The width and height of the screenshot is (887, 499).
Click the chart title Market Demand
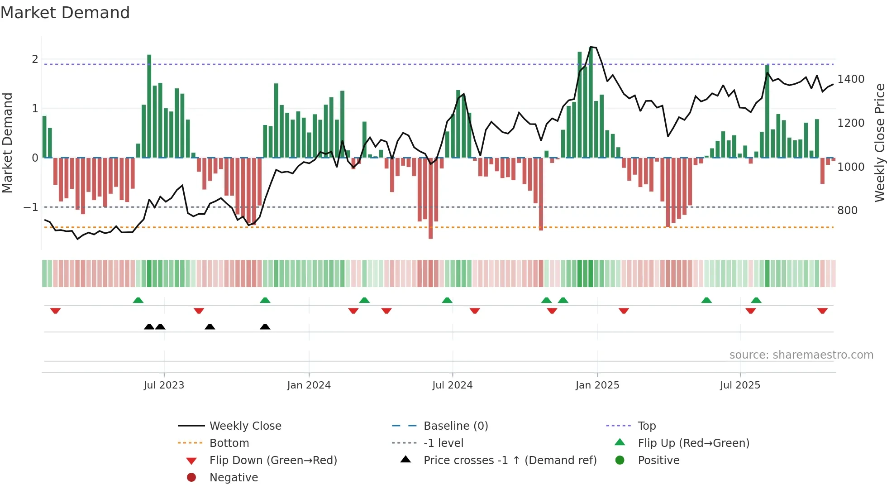[x=65, y=13]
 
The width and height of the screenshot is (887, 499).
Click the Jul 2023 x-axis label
[x=164, y=385]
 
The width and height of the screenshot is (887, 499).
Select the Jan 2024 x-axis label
[x=309, y=385]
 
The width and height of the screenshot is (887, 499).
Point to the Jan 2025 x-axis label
[x=597, y=385]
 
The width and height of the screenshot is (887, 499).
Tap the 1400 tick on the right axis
[x=851, y=79]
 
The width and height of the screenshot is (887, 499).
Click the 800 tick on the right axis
[x=847, y=211]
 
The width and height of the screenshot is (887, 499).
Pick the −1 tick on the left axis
[x=31, y=207]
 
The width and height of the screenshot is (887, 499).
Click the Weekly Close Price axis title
[x=879, y=143]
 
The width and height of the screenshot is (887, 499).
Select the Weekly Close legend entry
[x=245, y=426]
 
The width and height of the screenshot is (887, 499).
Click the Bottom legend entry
[x=229, y=443]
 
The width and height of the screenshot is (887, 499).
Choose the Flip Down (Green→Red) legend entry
[x=273, y=461]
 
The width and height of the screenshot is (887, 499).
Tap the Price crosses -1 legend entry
[x=510, y=461]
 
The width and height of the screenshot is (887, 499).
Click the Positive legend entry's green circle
[x=620, y=461]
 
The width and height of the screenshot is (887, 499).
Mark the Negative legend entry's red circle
[x=191, y=478]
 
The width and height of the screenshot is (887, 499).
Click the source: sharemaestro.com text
[x=801, y=355]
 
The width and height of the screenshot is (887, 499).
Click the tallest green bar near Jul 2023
[x=149, y=106]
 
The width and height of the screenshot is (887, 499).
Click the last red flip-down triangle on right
[x=822, y=311]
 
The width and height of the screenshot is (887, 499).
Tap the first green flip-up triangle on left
[x=138, y=300]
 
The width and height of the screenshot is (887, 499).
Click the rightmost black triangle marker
[x=265, y=326]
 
